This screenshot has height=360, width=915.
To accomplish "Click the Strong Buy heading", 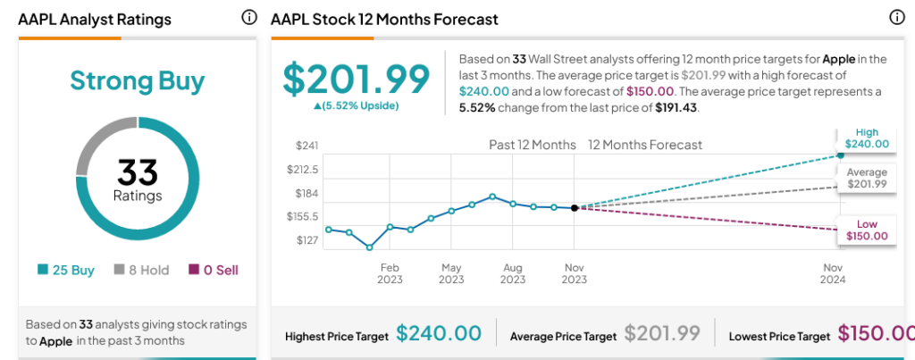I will [137, 82].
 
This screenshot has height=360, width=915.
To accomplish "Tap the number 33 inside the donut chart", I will [137, 170].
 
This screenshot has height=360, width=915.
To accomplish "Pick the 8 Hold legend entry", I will [141, 270].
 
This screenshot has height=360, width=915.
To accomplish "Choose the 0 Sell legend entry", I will [213, 270].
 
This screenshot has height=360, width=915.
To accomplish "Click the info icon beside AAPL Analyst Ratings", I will [249, 18].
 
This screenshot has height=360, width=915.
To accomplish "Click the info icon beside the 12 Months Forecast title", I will [897, 18].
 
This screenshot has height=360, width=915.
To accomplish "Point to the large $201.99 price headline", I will [357, 79].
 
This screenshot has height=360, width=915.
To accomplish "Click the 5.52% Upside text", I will [356, 106].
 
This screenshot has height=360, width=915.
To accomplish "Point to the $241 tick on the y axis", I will [307, 145].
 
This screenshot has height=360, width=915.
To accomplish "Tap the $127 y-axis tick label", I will [307, 240].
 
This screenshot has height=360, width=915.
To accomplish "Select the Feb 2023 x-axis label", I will [390, 273].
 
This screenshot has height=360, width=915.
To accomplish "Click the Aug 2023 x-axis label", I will [513, 273].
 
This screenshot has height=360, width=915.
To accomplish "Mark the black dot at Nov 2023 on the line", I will [574, 207].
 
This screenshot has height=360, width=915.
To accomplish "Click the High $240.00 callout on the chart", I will [868, 138].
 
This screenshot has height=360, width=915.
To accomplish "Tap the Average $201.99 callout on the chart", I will [868, 178].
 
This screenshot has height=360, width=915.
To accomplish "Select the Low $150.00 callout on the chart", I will [868, 230].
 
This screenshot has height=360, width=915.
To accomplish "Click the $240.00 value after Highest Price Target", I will [439, 334].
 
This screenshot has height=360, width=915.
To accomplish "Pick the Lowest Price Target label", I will [779, 336].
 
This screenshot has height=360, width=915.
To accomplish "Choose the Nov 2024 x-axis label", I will [833, 273].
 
